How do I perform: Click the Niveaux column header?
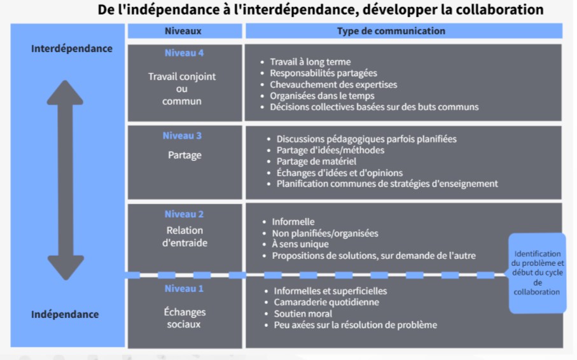(x=183, y=31)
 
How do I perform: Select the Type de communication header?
(x=391, y=31)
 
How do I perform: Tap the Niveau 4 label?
(x=184, y=53)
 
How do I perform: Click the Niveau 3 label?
(x=182, y=135)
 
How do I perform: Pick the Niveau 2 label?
(x=184, y=214)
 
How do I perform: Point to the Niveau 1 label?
(x=184, y=289)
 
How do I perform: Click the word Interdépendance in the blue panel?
(x=72, y=48)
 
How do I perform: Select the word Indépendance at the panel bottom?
(x=65, y=314)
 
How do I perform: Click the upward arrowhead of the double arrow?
(x=65, y=92)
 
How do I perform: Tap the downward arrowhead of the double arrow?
(x=66, y=268)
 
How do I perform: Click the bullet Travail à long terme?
(x=310, y=62)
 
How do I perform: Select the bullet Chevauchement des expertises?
(x=333, y=85)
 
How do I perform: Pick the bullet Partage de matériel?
(x=316, y=161)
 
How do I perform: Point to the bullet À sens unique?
(x=300, y=244)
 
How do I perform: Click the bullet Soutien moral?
(x=303, y=314)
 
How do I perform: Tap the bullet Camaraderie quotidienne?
(x=326, y=302)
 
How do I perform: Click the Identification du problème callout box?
(x=538, y=273)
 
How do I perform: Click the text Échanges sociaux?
(x=184, y=318)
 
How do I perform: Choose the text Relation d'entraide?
(x=184, y=237)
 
